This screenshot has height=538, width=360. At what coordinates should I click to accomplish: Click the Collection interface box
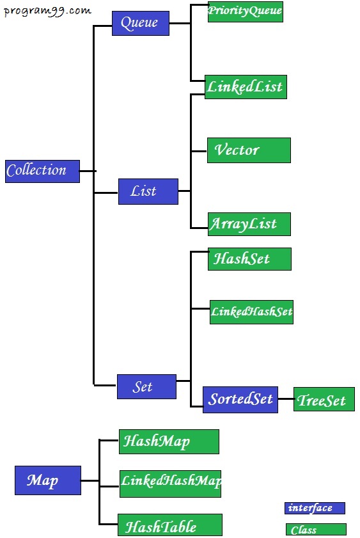(42, 171)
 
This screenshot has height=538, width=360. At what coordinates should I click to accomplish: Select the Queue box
(141, 23)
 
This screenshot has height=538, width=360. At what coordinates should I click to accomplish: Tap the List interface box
(148, 191)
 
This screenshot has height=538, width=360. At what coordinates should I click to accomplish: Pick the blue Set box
(146, 386)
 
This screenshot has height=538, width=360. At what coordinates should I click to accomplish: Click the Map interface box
(48, 480)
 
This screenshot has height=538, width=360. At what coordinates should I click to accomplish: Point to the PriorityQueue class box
(246, 12)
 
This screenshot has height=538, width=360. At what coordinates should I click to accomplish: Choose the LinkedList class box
(246, 87)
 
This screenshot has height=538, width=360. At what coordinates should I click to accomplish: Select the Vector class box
(249, 150)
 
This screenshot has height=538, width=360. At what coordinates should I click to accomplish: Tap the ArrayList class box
(249, 224)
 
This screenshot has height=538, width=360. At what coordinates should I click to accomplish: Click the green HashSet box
(249, 259)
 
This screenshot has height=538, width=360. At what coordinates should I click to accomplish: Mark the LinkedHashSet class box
(252, 312)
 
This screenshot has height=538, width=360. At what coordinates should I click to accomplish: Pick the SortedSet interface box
(240, 400)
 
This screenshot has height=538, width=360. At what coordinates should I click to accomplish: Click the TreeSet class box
(324, 399)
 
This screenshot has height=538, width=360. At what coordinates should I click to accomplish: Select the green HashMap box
(169, 441)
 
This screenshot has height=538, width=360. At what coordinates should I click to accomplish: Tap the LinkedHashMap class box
(170, 484)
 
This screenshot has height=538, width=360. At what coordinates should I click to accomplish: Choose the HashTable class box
(170, 525)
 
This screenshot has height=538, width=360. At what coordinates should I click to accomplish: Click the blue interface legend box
(315, 508)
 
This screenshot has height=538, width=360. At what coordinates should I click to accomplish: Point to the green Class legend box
(316, 530)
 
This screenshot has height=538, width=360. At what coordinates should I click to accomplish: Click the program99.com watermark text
(48, 12)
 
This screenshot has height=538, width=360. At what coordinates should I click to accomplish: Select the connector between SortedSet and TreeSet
(286, 399)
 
